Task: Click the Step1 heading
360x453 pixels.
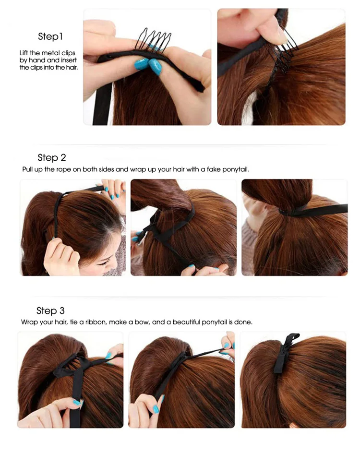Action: pyautogui.click(x=50, y=36)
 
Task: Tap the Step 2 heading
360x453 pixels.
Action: pyautogui.click(x=52, y=158)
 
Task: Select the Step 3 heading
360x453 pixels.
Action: pyautogui.click(x=50, y=311)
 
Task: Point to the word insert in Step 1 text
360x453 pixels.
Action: pyautogui.click(x=69, y=60)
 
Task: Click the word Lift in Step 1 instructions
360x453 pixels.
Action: pyautogui.click(x=24, y=53)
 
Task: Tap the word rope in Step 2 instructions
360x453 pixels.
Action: pyautogui.click(x=63, y=169)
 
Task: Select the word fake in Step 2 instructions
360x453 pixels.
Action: pyautogui.click(x=213, y=169)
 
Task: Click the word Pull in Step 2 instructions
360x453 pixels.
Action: pyautogui.click(x=28, y=169)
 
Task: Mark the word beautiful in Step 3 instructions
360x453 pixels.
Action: pyautogui.click(x=186, y=322)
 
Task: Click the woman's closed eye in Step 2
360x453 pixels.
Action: pyautogui.click(x=105, y=263)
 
